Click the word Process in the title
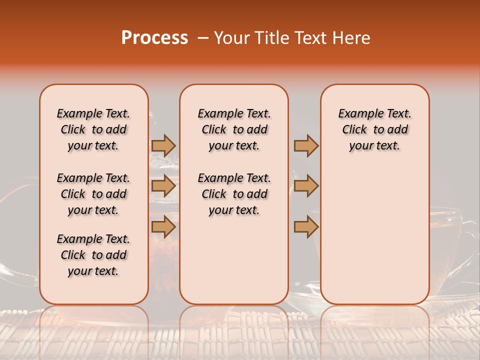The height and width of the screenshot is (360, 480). point(154,38)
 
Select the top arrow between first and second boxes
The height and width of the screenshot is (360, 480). point(163,145)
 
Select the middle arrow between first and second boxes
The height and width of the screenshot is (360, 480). point(163,186)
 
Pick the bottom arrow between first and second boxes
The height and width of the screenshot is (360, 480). point(163,227)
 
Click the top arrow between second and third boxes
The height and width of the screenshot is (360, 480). point(306,145)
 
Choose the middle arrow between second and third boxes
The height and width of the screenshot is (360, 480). point(306,186)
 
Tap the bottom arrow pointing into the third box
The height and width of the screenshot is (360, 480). point(306,227)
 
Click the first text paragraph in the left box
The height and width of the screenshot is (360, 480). point(93,129)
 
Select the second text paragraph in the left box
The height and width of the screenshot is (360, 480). point(93,194)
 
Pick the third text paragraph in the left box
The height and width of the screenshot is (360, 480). point(93,255)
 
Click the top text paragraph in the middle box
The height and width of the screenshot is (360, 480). point(234,129)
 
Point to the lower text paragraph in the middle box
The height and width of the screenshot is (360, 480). point(234,194)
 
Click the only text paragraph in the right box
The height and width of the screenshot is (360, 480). point(375,129)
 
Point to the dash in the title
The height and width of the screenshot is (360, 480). point(202,38)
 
